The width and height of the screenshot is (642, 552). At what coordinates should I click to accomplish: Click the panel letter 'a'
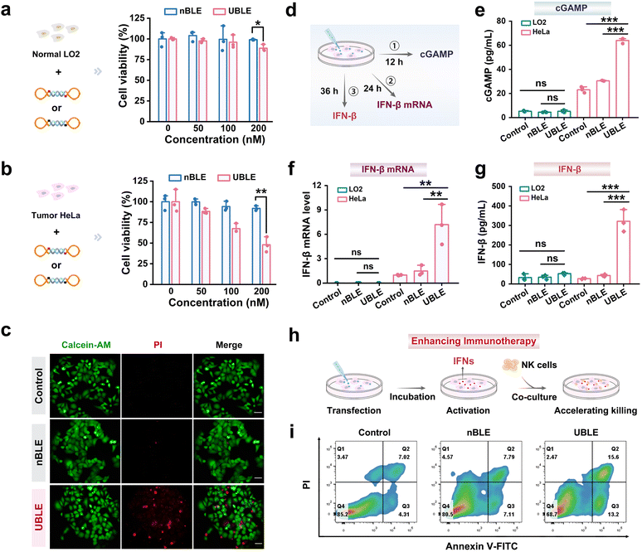coord(7,7)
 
